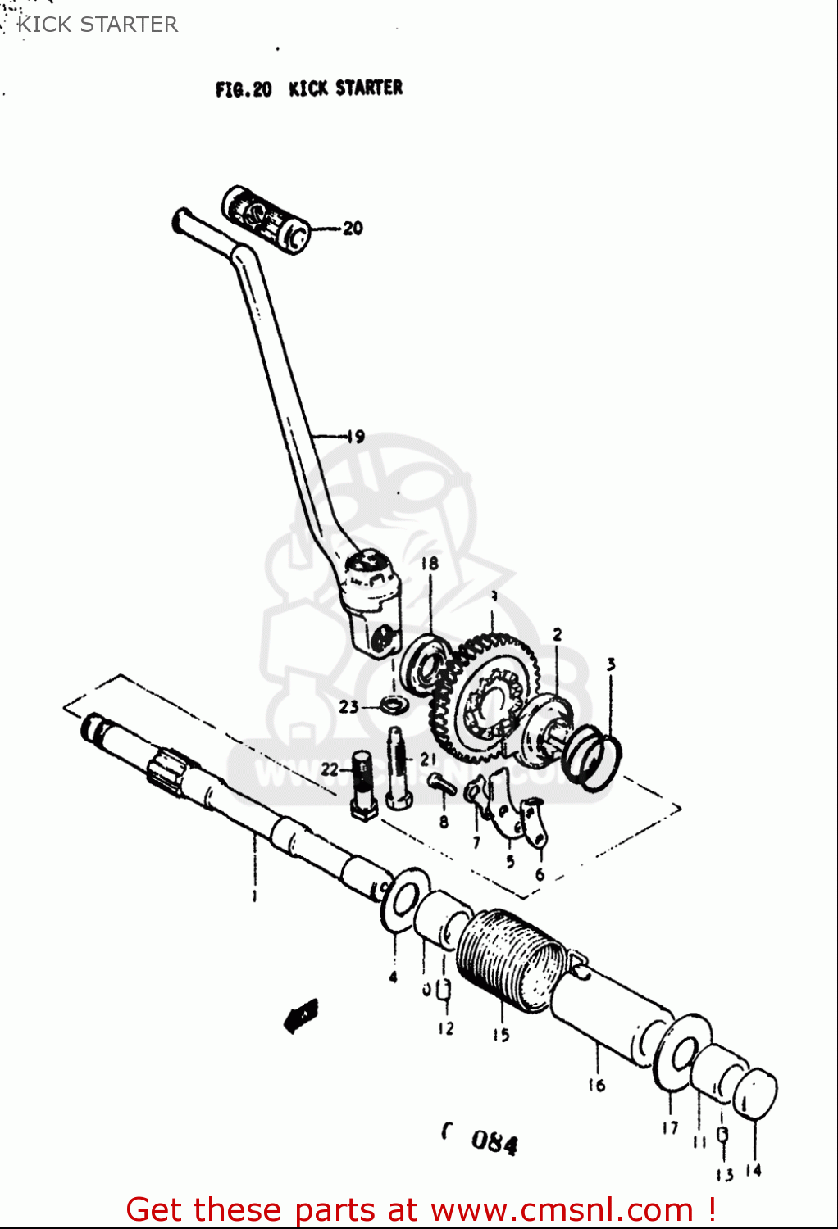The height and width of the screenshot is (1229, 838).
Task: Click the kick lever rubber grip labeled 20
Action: point(264,217)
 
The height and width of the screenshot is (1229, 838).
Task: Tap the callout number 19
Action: point(355,436)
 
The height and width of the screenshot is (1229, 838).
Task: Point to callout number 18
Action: point(430,564)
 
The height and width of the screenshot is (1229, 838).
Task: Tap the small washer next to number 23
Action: point(394,703)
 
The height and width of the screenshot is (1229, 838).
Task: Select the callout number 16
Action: point(596,1085)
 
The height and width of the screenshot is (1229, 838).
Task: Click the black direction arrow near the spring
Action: point(301,1014)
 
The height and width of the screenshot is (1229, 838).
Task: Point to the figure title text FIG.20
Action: point(244,89)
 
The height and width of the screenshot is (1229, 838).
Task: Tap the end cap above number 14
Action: point(754,1095)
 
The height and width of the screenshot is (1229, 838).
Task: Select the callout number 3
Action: point(611,664)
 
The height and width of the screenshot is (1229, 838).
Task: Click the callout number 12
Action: point(445,1028)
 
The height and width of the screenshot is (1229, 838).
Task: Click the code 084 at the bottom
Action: point(494,1142)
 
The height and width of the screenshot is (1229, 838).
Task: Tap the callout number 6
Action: point(540,874)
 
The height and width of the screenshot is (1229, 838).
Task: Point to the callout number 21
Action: point(428,760)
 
